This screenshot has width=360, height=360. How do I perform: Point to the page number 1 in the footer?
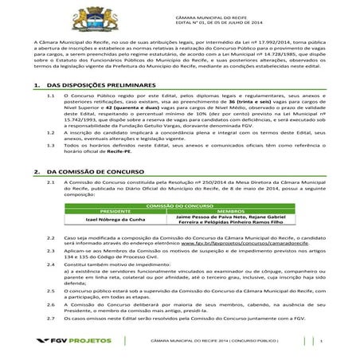pos(321,342)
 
